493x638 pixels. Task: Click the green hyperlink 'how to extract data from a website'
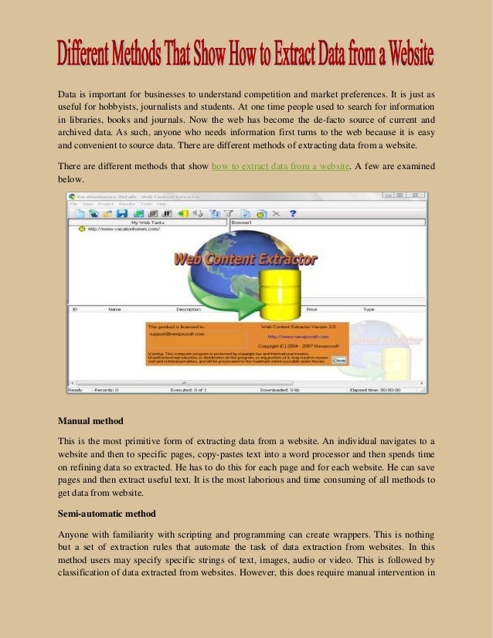click(x=280, y=165)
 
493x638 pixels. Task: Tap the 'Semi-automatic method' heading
click(x=109, y=514)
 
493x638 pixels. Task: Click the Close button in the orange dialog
click(x=339, y=360)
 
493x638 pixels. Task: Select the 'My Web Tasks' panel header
click(x=148, y=222)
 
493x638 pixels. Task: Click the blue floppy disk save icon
click(x=121, y=212)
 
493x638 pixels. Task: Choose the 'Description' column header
click(x=188, y=309)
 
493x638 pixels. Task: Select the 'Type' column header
click(x=369, y=309)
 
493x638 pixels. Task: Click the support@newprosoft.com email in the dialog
click(x=176, y=334)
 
